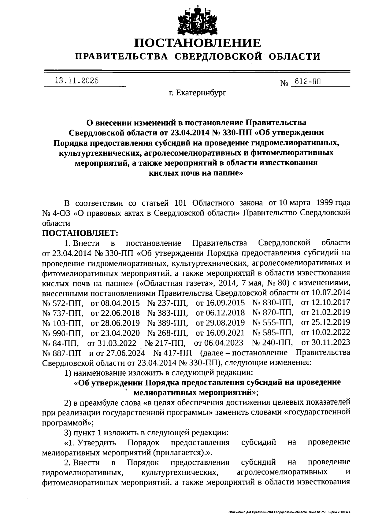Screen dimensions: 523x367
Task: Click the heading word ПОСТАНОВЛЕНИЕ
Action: (198, 43)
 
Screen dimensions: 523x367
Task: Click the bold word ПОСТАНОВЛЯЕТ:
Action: (80, 233)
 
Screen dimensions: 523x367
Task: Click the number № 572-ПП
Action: (63, 303)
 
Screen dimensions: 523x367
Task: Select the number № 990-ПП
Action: (63, 333)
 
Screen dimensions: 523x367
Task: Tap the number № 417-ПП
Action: (172, 353)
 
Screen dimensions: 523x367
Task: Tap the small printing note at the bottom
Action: (289, 511)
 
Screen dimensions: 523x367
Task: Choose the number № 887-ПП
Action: (61, 353)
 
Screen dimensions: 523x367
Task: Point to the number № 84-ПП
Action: (61, 343)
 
